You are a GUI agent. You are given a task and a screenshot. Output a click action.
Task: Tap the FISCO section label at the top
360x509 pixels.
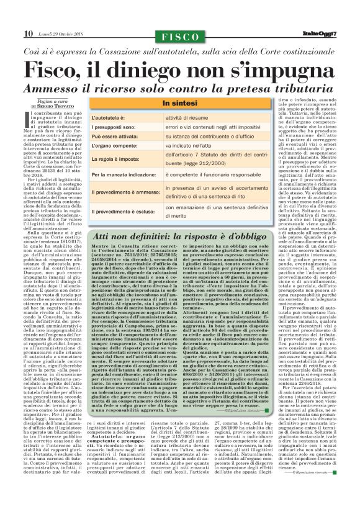[x=179, y=35]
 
